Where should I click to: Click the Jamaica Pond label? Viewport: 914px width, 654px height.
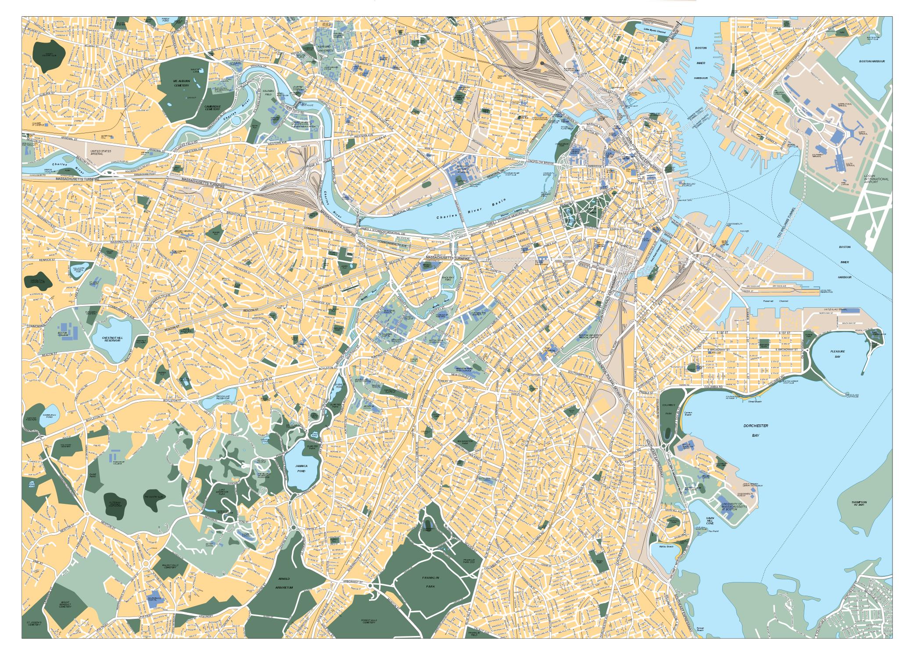click(301, 468)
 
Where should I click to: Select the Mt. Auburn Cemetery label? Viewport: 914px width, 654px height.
click(181, 83)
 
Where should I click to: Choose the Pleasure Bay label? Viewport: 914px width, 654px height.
click(837, 354)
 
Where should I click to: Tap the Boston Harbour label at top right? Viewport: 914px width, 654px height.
click(872, 61)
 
